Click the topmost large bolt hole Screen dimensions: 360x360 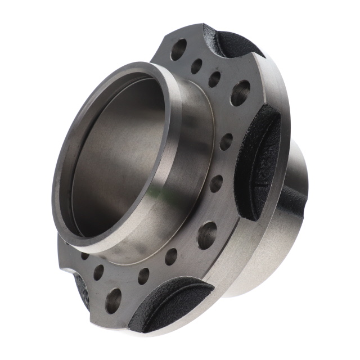coord(178,49)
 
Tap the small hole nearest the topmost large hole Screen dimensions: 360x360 coord(196,66)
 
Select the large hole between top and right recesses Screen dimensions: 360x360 coord(240,92)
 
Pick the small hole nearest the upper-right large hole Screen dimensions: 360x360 coord(214,79)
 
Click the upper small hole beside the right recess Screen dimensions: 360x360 coord(226,141)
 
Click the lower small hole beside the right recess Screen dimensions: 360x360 coord(216,183)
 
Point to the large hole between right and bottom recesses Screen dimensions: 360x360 coord(206,235)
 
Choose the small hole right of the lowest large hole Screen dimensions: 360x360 coord(143,276)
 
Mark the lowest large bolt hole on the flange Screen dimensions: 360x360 coord(113,300)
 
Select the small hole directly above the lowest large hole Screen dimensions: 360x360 coord(98,272)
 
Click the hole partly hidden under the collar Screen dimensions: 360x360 coord(84,255)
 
